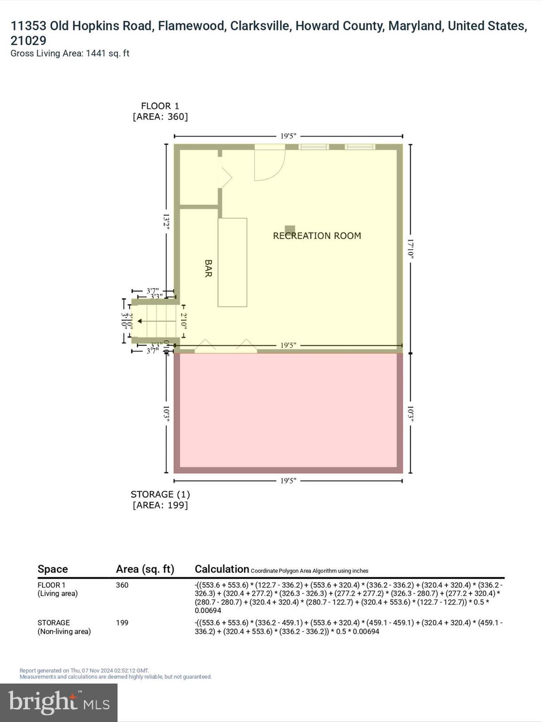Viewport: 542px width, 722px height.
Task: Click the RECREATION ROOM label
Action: [317, 236]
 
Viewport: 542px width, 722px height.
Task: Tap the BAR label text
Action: [208, 268]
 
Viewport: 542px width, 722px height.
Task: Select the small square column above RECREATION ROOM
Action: [290, 229]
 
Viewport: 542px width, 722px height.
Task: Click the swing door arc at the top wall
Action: [270, 165]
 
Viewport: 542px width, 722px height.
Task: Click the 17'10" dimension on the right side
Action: [410, 248]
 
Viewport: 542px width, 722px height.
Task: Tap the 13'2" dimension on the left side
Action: [167, 221]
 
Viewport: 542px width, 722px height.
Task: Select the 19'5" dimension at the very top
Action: [288, 136]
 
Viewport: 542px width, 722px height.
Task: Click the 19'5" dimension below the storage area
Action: [288, 481]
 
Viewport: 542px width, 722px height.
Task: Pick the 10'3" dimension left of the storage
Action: [167, 414]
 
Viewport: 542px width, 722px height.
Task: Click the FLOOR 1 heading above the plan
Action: [160, 106]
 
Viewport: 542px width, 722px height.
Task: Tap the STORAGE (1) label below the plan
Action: [160, 494]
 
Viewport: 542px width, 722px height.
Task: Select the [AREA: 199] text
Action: [160, 505]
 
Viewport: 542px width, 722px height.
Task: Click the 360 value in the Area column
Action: [122, 585]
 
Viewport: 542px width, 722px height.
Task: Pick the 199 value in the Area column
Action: [122, 623]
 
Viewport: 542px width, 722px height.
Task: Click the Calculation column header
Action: [222, 569]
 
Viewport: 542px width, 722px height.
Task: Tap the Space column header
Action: [53, 569]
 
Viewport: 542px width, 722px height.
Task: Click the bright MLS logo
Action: [59, 702]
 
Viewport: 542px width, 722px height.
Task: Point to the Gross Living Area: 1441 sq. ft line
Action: [70, 54]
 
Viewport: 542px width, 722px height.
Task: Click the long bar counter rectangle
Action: [232, 262]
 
